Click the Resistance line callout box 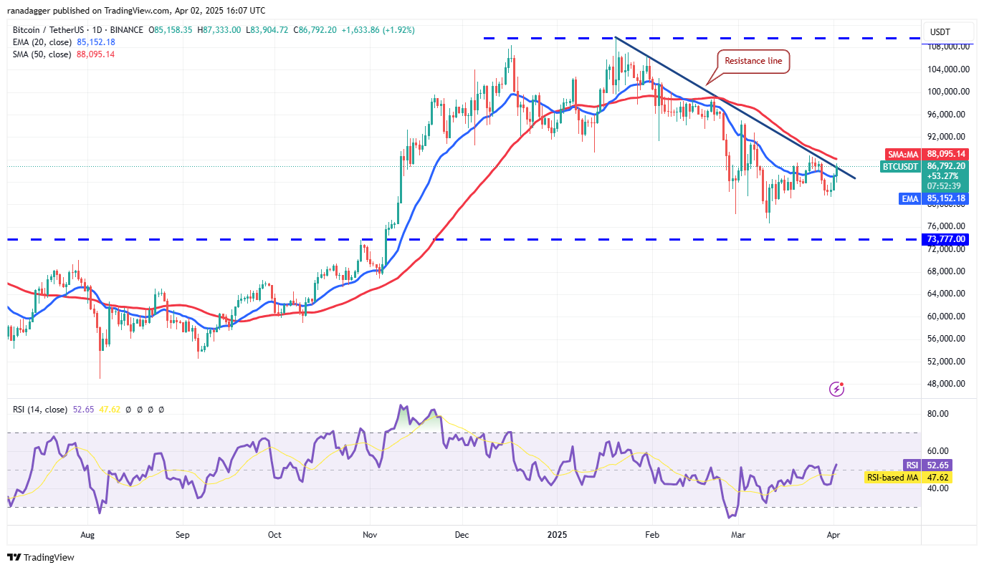click(753, 62)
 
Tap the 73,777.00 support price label click(946, 239)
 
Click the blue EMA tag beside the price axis click(909, 199)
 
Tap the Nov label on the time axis click(371, 534)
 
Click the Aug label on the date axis click(88, 534)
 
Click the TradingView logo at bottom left click(41, 557)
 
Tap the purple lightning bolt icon click(836, 389)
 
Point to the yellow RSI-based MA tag click(892, 478)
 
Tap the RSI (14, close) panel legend click(40, 410)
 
